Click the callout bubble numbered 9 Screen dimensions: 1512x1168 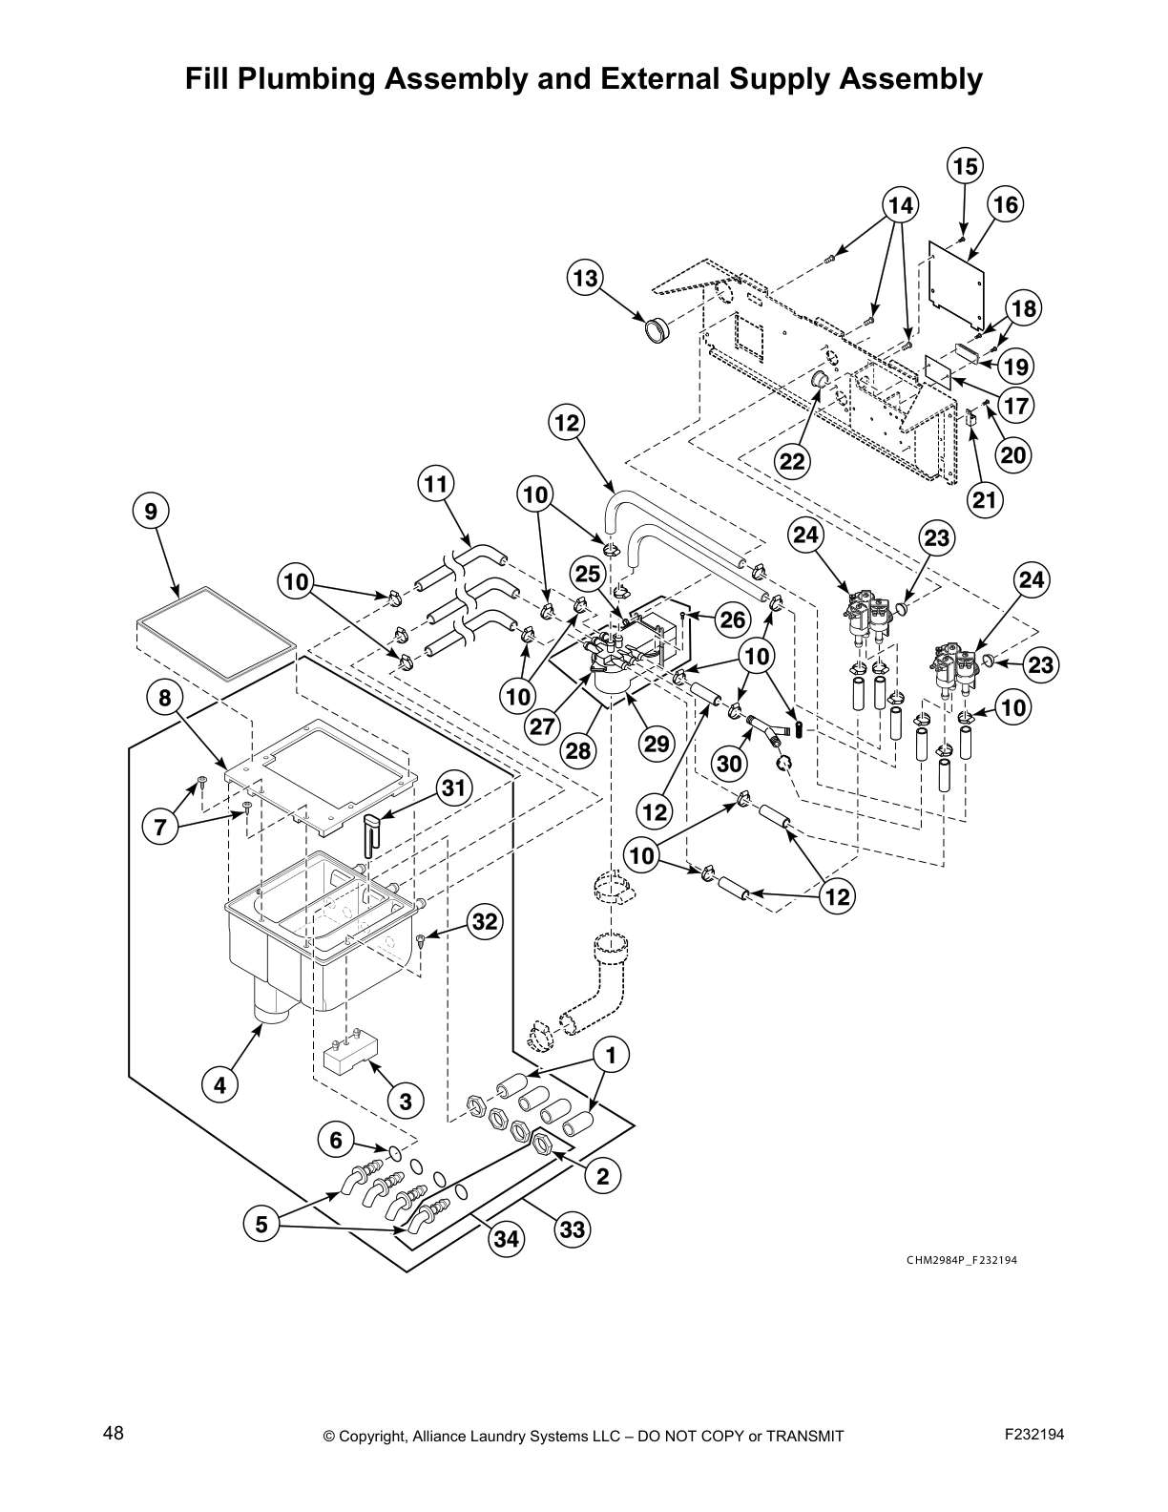click(151, 512)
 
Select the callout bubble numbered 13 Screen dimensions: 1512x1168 click(585, 278)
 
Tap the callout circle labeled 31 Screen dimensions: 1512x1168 click(456, 787)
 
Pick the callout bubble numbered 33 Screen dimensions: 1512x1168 click(572, 1229)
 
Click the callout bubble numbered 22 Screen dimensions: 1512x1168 click(792, 462)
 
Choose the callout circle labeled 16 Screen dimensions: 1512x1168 click(1005, 204)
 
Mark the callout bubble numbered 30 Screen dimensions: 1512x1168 click(729, 764)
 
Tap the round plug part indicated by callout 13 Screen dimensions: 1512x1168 click(656, 331)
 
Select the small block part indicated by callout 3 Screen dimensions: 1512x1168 click(348, 1054)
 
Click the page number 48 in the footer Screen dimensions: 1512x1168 click(114, 1433)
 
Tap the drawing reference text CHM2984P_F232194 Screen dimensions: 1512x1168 click(961, 1260)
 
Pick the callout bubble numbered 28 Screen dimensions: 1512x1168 click(578, 751)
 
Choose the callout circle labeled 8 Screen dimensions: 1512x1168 click(164, 698)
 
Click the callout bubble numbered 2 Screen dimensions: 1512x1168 click(602, 1176)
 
